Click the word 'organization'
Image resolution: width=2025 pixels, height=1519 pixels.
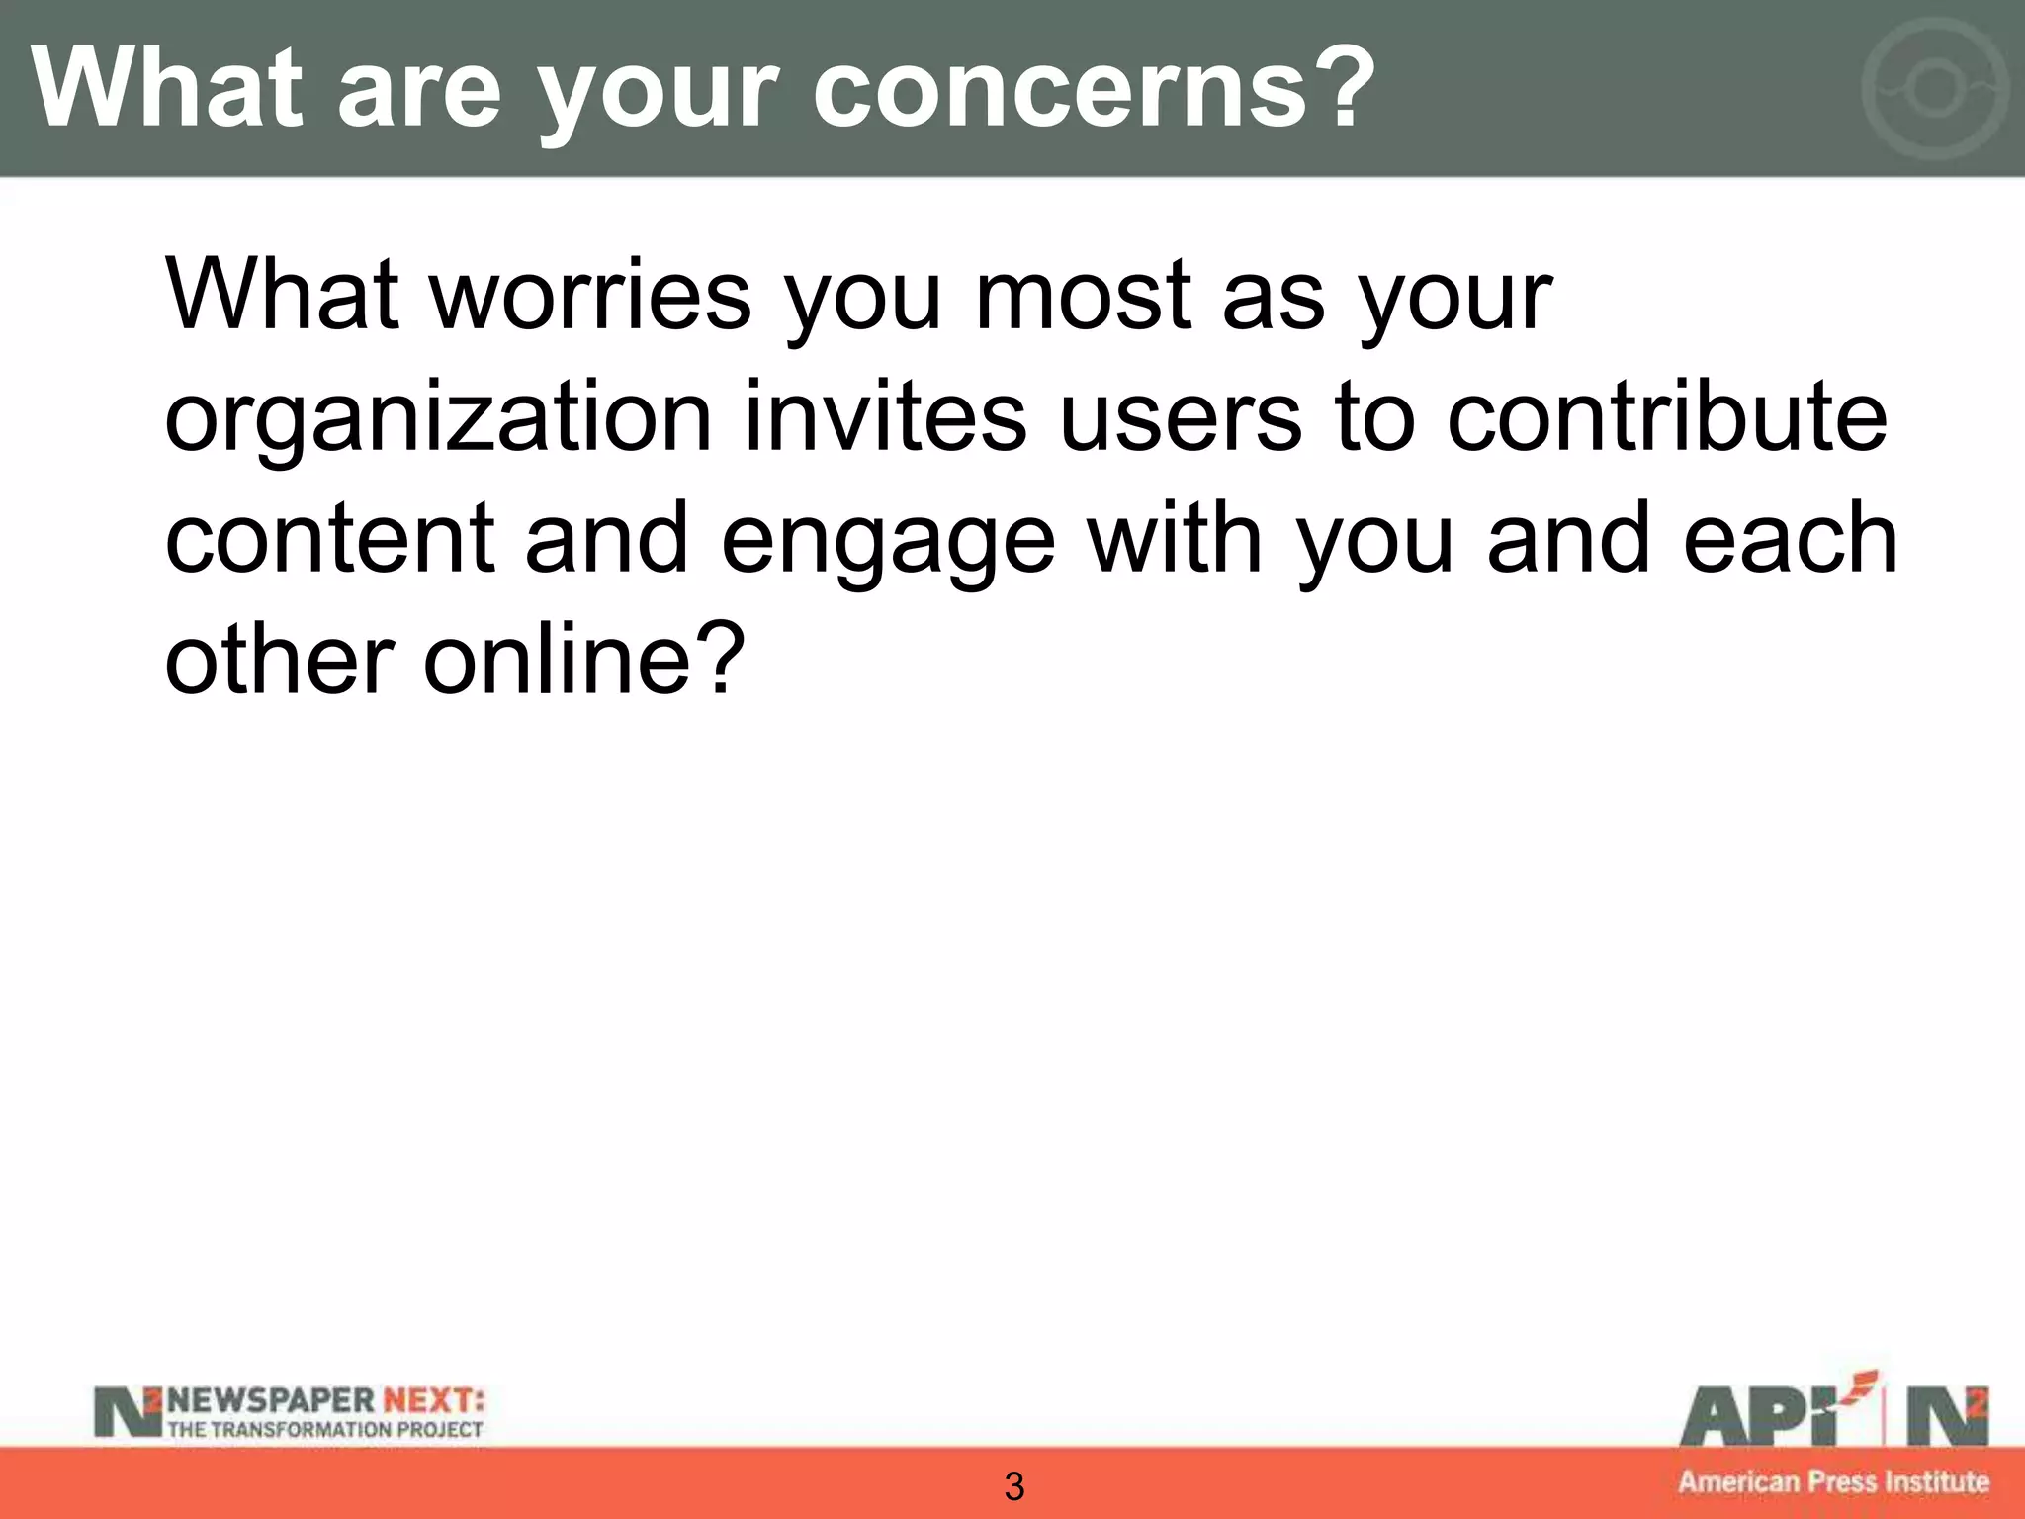437,420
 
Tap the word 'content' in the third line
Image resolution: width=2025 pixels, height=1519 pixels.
329,539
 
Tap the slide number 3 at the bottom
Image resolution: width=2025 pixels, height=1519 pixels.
1013,1486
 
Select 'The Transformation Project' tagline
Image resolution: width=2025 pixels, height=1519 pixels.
324,1429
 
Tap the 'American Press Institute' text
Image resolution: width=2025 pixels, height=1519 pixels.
1833,1481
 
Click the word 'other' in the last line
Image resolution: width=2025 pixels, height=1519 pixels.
280,661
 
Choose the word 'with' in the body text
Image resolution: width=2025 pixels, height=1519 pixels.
1175,539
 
